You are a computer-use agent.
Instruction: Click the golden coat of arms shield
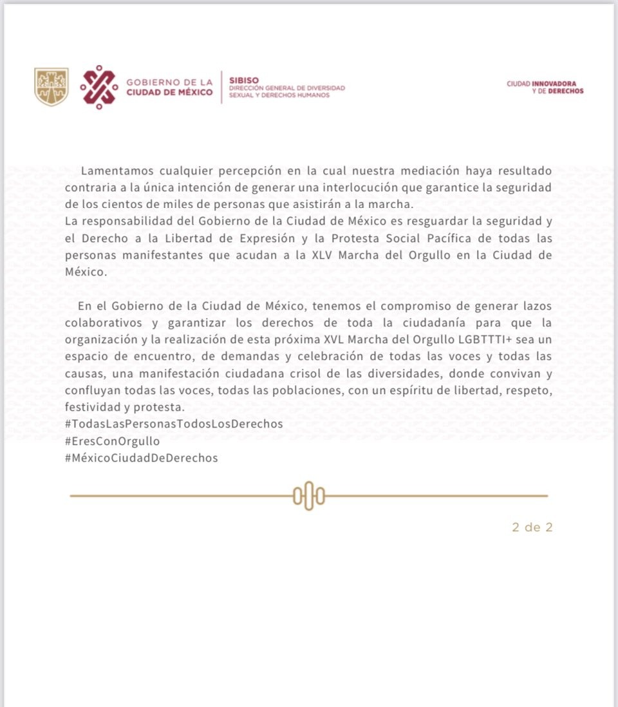click(51, 87)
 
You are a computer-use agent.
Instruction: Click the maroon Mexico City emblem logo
click(99, 87)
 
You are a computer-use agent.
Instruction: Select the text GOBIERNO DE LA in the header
click(169, 82)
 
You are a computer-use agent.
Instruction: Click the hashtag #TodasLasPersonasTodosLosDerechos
click(174, 424)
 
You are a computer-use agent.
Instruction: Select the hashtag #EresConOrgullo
click(112, 441)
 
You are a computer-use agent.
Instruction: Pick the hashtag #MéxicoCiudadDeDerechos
click(141, 458)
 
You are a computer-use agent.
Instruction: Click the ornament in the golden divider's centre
click(308, 496)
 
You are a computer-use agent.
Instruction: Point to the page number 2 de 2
click(532, 527)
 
